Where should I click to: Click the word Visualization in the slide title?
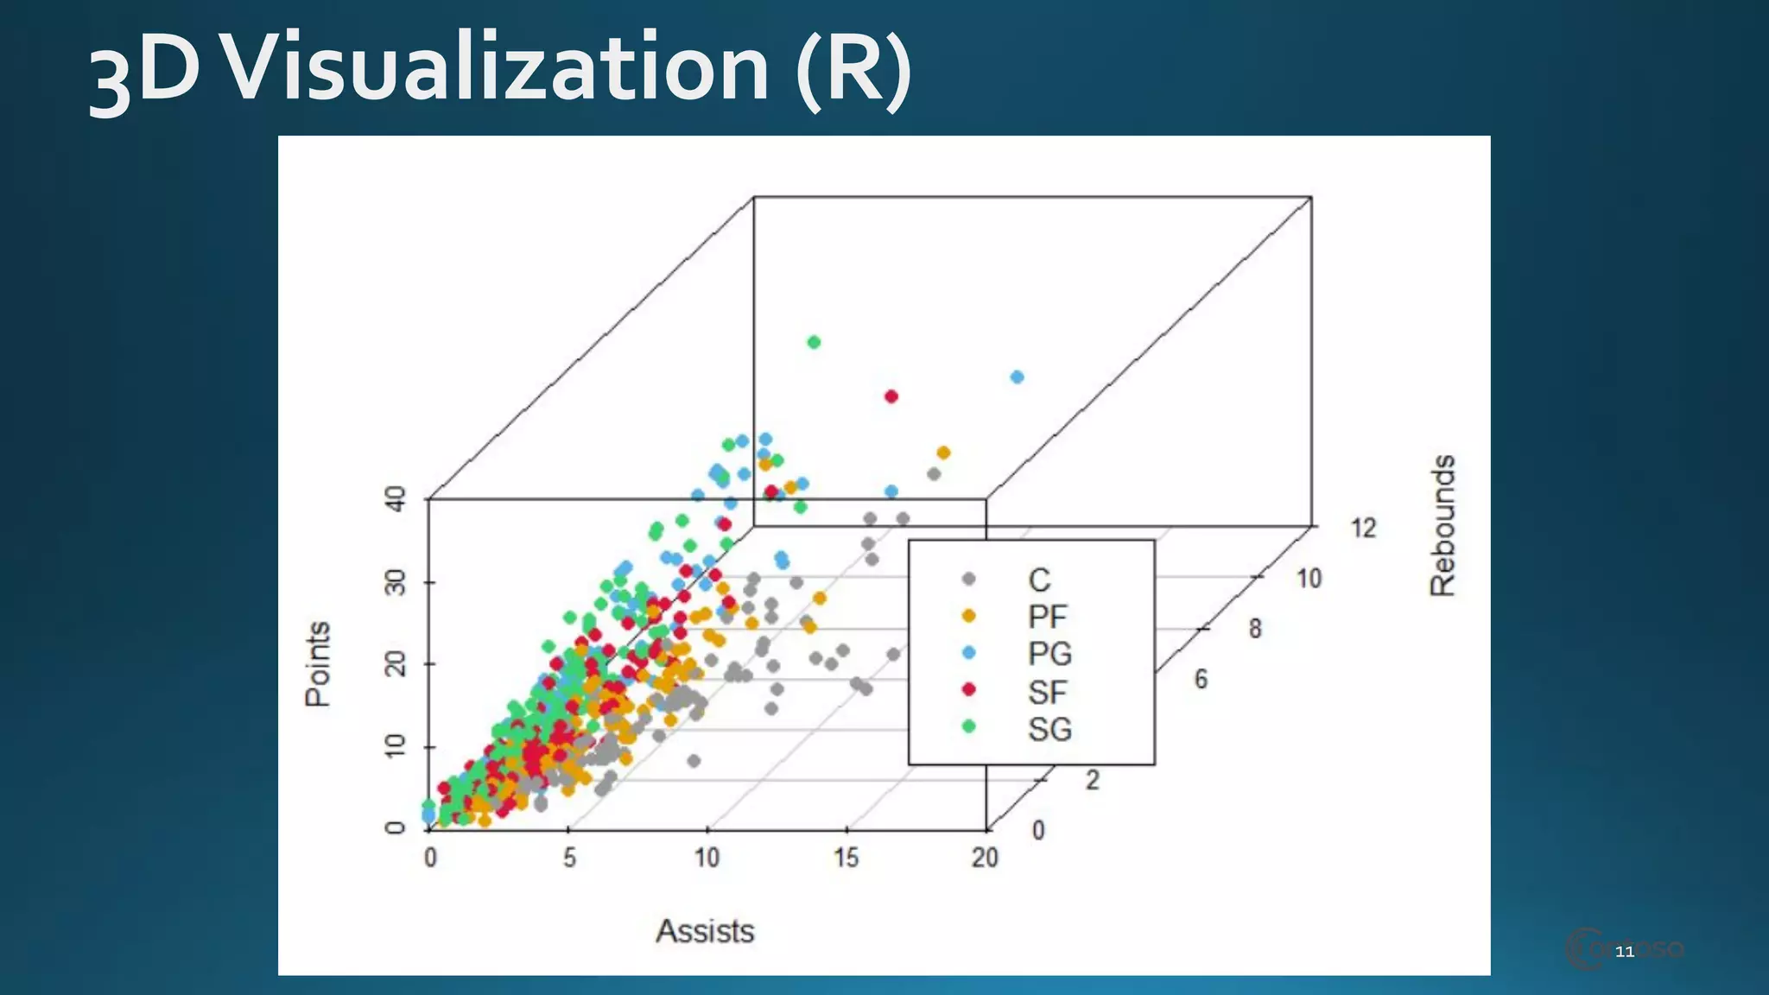point(497,67)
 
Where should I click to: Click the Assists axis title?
point(705,931)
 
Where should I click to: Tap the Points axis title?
point(318,663)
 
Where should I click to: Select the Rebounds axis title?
point(1442,525)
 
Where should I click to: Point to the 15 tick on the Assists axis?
point(846,857)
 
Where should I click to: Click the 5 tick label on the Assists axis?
point(569,857)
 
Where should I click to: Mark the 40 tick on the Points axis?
point(395,498)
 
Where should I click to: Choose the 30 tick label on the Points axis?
point(395,582)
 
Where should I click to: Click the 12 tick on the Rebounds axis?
point(1363,528)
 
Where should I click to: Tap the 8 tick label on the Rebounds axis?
point(1255,629)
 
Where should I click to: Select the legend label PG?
point(1049,654)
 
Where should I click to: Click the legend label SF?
point(1048,692)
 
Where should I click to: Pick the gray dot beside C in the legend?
point(968,579)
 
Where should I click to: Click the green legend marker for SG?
point(968,726)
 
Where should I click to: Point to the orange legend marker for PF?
point(968,616)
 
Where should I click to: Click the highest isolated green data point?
point(814,342)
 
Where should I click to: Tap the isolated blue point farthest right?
point(1017,377)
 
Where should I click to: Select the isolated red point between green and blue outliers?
point(891,396)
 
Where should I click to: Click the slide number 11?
point(1624,952)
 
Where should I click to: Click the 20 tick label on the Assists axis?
point(985,857)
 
